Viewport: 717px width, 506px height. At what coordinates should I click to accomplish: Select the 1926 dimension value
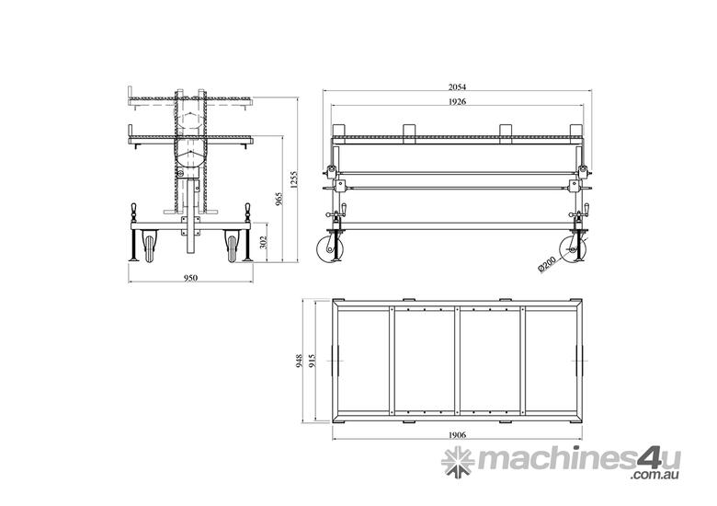(457, 101)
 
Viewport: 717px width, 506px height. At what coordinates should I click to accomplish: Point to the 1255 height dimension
(293, 181)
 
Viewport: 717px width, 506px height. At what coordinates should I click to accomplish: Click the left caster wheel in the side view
(329, 250)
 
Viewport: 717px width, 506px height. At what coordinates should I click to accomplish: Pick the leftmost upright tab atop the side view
(339, 130)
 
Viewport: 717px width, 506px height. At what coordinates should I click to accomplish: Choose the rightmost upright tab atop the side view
(575, 130)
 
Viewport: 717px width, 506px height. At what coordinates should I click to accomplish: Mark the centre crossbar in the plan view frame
(457, 362)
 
